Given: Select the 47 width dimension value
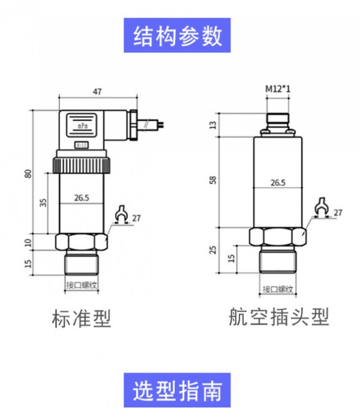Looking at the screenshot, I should tap(97, 92).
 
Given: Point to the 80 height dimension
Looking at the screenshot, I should tap(27, 174).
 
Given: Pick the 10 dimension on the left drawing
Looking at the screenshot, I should tap(27, 242).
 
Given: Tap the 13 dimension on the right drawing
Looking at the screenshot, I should tap(212, 125).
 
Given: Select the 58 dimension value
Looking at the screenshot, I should tap(212, 180).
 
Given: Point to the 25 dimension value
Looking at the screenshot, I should tap(212, 250).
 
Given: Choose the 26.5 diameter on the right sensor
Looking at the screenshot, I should tap(277, 182).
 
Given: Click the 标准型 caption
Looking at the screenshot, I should tap(82, 319).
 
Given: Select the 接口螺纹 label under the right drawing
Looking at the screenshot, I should tap(277, 290).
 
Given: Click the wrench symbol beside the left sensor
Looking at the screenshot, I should tap(121, 213).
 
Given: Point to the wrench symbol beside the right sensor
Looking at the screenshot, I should tap(320, 205).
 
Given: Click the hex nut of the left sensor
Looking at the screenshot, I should tap(82, 242).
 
